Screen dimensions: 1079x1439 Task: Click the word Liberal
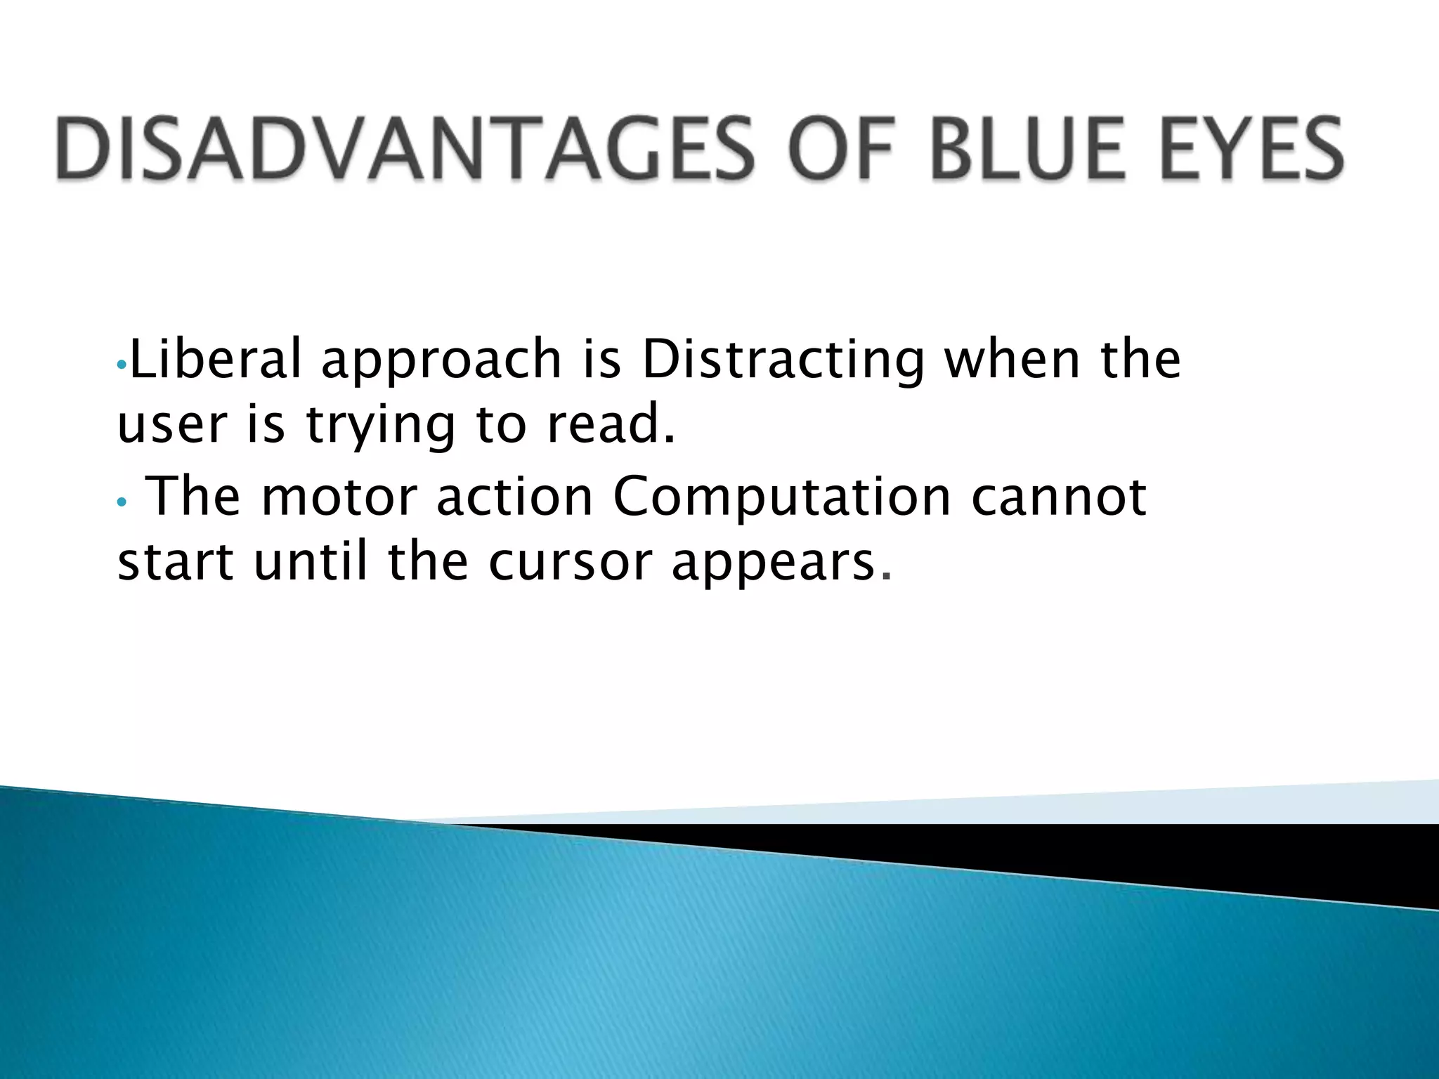click(x=216, y=358)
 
